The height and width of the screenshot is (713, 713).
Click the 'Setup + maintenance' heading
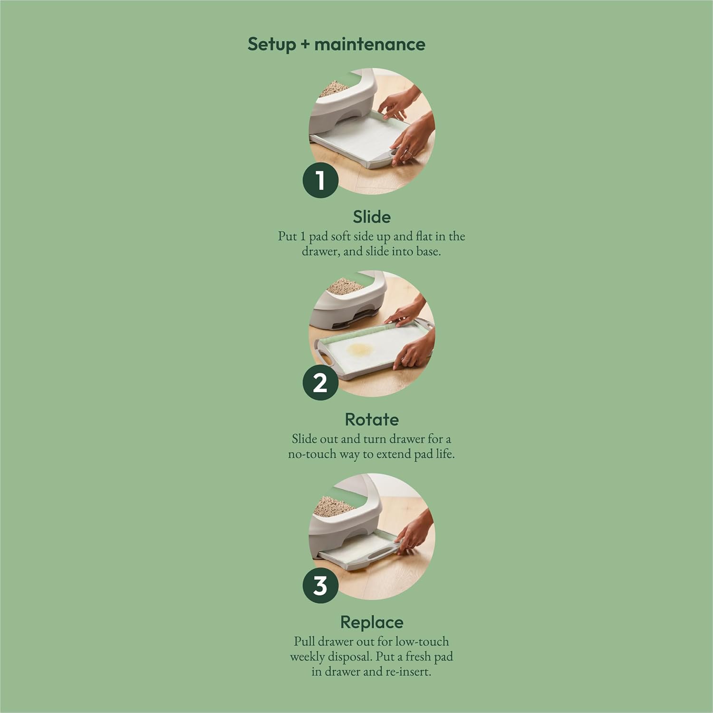(x=337, y=44)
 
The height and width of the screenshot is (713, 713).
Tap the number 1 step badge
(x=320, y=181)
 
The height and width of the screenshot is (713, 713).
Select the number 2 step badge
(x=320, y=383)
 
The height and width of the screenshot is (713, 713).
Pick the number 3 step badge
(x=320, y=585)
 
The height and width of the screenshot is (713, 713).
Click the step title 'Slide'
(x=372, y=217)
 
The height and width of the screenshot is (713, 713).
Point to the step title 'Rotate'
(x=372, y=419)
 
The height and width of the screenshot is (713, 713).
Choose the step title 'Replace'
(x=372, y=622)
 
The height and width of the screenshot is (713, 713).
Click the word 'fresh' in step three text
(x=418, y=656)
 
